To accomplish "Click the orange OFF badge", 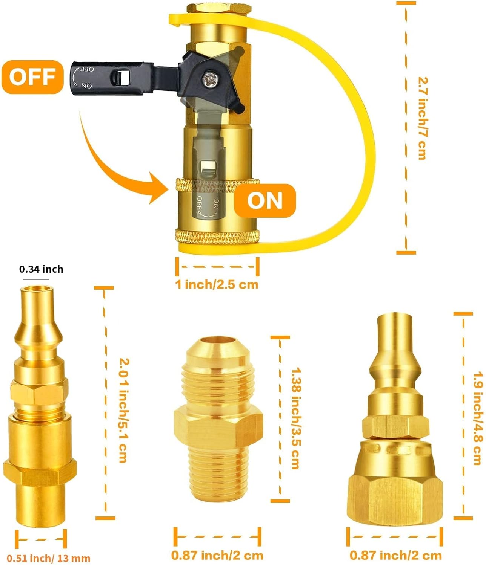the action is [32, 77].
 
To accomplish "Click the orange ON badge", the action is [265, 201].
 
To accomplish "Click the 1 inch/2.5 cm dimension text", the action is [217, 284].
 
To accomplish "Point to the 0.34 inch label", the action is [41, 269].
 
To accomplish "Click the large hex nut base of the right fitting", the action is [395, 500].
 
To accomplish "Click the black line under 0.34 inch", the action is [36, 279].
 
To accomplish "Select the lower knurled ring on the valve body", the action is [218, 237].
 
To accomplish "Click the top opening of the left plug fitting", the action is [36, 289].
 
